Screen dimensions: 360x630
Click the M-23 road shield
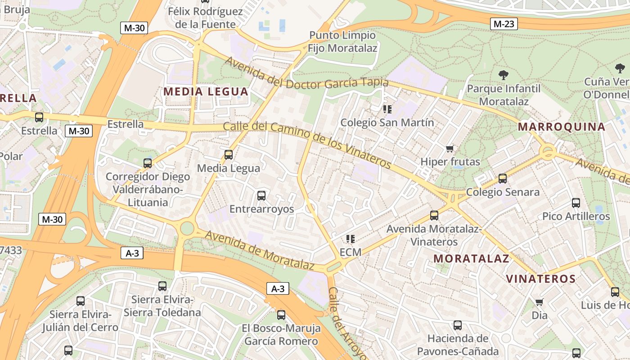pyautogui.click(x=503, y=23)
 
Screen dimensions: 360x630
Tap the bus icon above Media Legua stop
pyautogui.click(x=229, y=155)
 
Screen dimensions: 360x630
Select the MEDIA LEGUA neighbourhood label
pyautogui.click(x=206, y=92)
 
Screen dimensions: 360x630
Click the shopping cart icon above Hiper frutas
pyautogui.click(x=450, y=148)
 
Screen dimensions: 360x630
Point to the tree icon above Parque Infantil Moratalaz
pyautogui.click(x=504, y=75)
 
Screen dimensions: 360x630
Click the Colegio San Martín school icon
pyautogui.click(x=387, y=109)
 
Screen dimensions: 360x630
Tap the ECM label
pyautogui.click(x=351, y=252)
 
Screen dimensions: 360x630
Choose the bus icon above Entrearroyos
pyautogui.click(x=261, y=196)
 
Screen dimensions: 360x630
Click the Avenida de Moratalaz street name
pyautogui.click(x=259, y=250)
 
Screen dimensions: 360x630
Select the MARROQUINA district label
pyautogui.click(x=561, y=126)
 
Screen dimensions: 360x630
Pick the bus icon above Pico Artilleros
pyautogui.click(x=576, y=203)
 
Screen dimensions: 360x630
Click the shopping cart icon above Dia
pyautogui.click(x=539, y=302)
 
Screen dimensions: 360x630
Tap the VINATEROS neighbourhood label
pyautogui.click(x=541, y=279)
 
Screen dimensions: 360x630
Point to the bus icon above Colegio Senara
pyautogui.click(x=503, y=179)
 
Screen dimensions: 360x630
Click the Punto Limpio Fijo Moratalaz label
pyautogui.click(x=343, y=41)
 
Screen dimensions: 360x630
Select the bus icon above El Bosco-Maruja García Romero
pyautogui.click(x=281, y=315)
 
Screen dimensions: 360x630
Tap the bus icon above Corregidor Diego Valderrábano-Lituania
pyautogui.click(x=148, y=163)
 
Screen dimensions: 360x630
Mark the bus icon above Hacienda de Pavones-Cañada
pyautogui.click(x=458, y=325)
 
